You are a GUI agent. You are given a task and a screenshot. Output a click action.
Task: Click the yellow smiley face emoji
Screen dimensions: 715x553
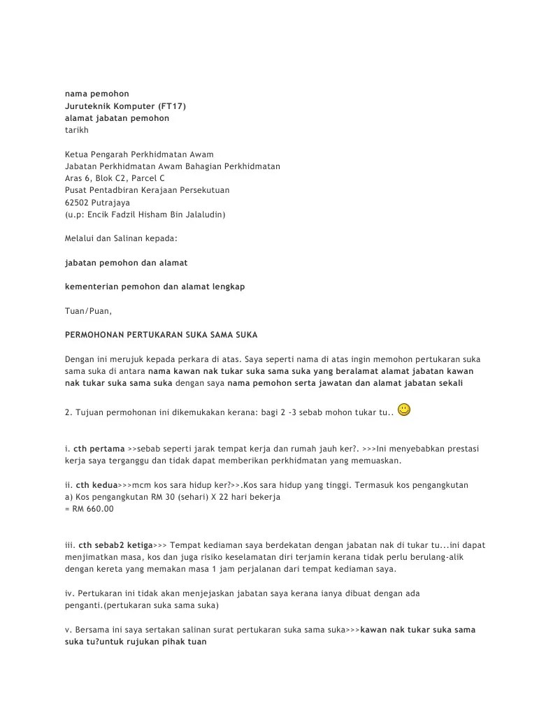point(404,410)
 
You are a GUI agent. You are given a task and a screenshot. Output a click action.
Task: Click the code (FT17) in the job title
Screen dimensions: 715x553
point(170,106)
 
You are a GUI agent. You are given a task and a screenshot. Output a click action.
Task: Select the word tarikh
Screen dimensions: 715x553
point(77,130)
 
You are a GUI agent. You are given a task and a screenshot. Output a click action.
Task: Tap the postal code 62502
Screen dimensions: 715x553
point(78,202)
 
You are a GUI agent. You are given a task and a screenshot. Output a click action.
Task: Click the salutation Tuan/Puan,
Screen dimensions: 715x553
point(88,310)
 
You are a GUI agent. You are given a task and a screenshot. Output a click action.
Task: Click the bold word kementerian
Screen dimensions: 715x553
point(92,287)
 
